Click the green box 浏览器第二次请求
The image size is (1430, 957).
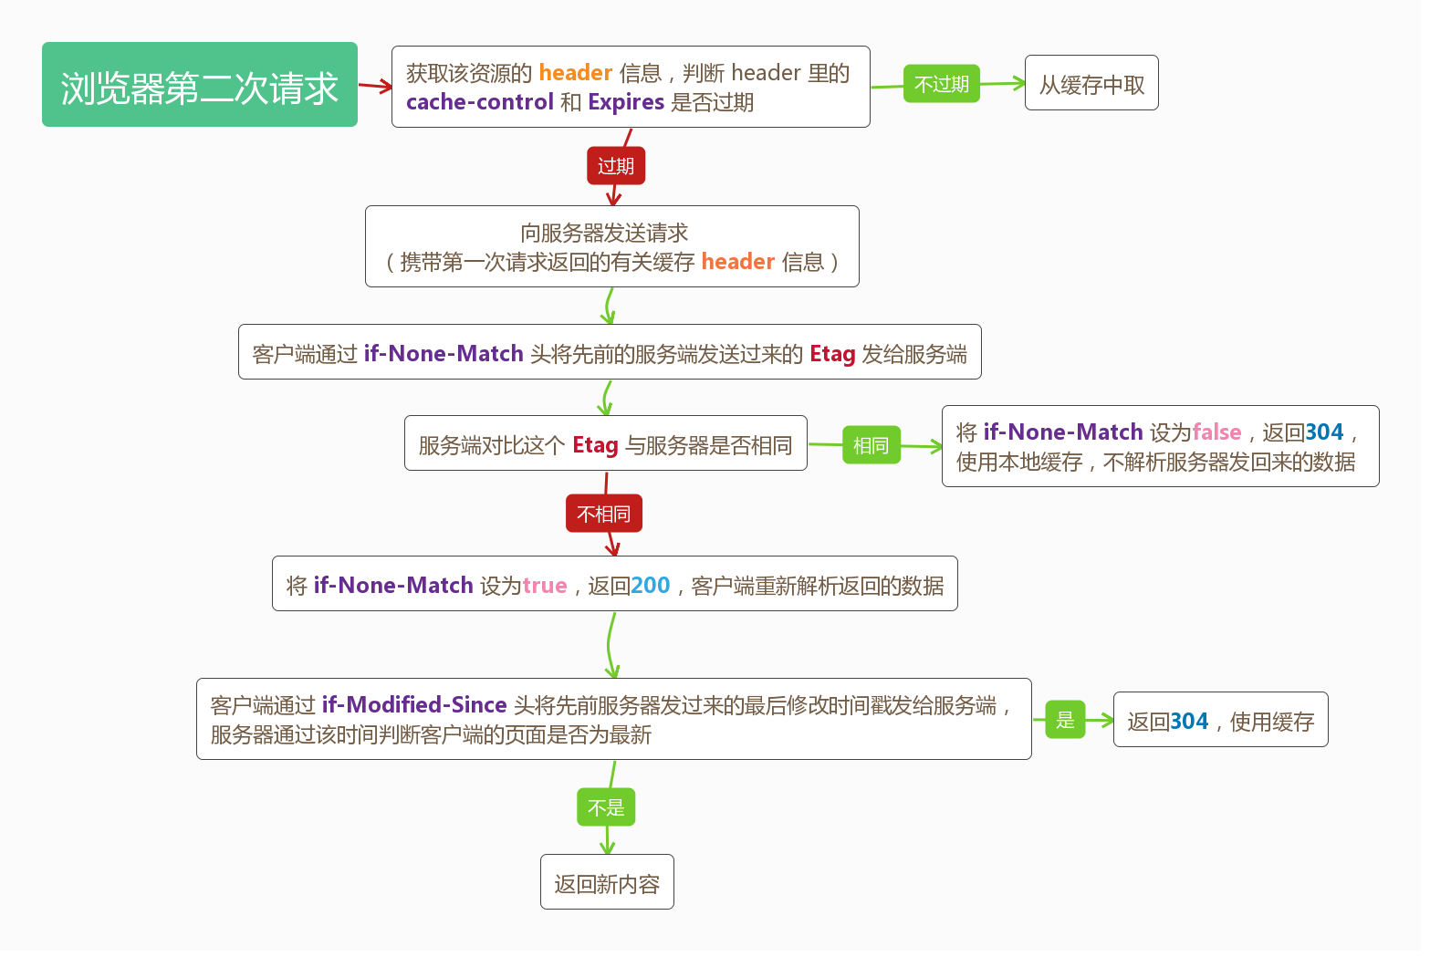click(x=199, y=85)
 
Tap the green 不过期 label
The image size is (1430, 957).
click(x=941, y=84)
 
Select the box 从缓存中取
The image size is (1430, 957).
click(x=1091, y=83)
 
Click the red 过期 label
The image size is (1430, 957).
click(x=616, y=166)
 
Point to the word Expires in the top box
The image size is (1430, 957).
click(x=626, y=102)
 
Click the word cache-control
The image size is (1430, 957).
click(x=480, y=102)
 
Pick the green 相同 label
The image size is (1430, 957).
click(x=871, y=445)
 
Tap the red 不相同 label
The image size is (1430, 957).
click(x=604, y=514)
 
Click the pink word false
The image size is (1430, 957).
click(x=1216, y=432)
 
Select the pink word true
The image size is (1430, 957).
click(x=545, y=586)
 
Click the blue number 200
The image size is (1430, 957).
click(x=650, y=586)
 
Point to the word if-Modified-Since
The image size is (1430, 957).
click(x=414, y=705)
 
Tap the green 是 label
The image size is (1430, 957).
click(x=1065, y=720)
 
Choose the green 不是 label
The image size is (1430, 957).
click(x=606, y=807)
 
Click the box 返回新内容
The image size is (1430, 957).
click(x=607, y=882)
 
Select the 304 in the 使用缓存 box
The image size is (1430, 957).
click(x=1188, y=722)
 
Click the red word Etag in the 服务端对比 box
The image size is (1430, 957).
click(x=595, y=445)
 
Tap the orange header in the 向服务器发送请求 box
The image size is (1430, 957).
click(x=737, y=262)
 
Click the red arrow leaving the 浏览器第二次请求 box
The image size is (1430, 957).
click(x=375, y=87)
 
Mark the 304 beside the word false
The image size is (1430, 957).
click(x=1324, y=432)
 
